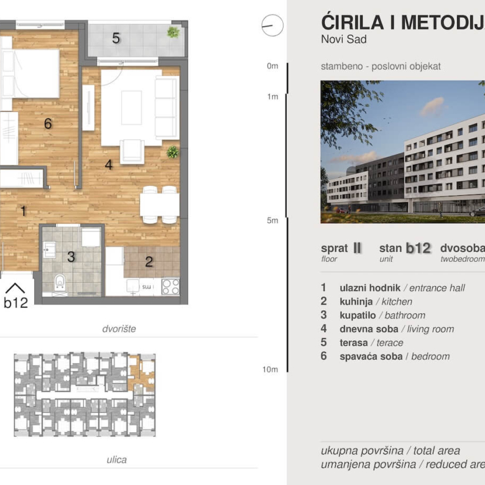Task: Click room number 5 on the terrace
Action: (x=116, y=39)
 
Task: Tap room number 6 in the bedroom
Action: (x=48, y=124)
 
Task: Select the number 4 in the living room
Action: (x=108, y=165)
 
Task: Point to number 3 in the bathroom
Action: (x=71, y=257)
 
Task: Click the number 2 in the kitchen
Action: (x=149, y=262)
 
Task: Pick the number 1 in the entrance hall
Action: (x=23, y=211)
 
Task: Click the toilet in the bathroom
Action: (x=60, y=283)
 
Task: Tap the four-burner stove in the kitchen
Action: (x=170, y=286)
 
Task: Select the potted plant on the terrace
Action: (x=173, y=32)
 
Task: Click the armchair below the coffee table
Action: (x=132, y=152)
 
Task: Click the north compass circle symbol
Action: (x=272, y=25)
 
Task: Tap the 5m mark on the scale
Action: (x=272, y=220)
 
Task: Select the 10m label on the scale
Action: (x=270, y=369)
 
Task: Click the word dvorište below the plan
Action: (x=119, y=328)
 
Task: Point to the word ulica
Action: (x=116, y=460)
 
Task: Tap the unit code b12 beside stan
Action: (x=418, y=248)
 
